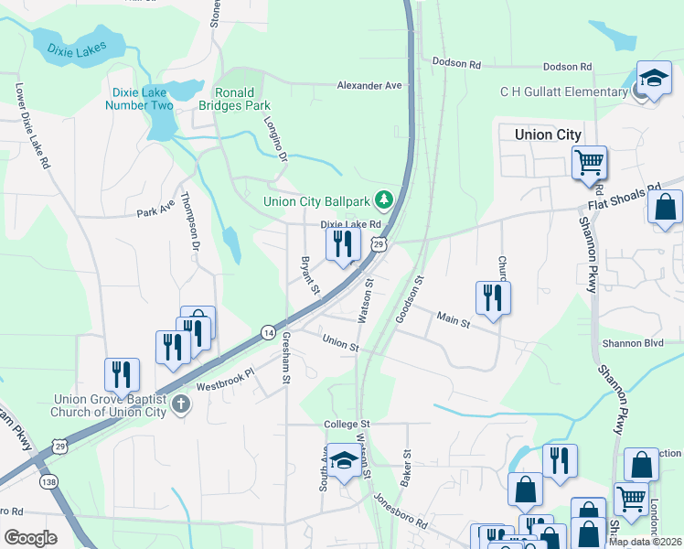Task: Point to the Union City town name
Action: (548, 135)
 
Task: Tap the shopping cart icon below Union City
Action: (589, 163)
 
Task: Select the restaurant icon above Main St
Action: (492, 297)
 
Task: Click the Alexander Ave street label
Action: (369, 85)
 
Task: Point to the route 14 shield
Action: (267, 331)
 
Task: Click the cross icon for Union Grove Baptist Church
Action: (181, 404)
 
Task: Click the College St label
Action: (347, 425)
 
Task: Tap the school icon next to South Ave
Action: (343, 462)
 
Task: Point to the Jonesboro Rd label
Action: (400, 511)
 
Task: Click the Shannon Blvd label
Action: (632, 343)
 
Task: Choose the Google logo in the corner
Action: (30, 537)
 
